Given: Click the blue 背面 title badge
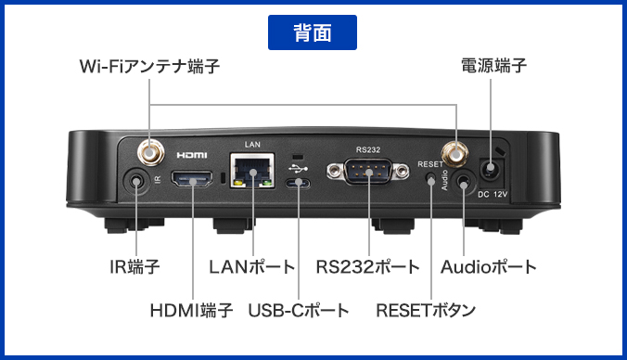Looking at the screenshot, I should (313, 32).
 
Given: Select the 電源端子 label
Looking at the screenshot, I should (493, 66).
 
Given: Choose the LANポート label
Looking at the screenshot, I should (251, 267).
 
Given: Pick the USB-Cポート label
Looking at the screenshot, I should (299, 310).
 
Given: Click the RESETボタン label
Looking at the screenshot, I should (426, 310).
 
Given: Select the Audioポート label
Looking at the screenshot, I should (488, 267).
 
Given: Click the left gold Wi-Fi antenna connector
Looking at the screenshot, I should (148, 149).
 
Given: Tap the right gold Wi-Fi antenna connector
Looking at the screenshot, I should (455, 150).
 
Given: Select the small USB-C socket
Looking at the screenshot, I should (299, 183).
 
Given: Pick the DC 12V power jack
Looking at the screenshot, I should (490, 170).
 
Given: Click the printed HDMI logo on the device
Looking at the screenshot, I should (191, 153).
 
